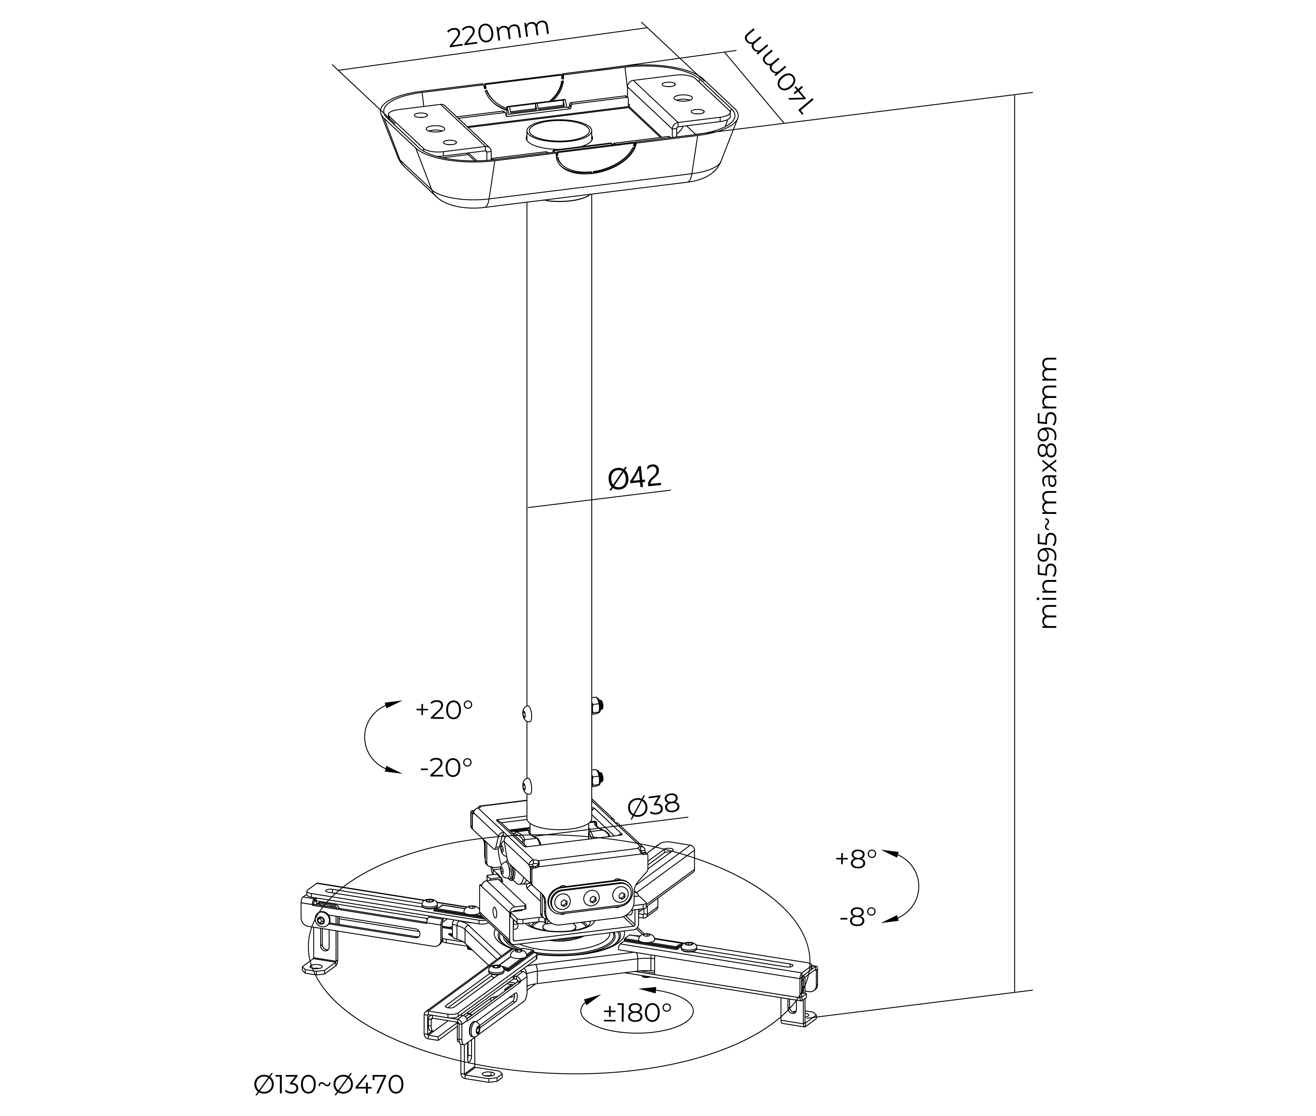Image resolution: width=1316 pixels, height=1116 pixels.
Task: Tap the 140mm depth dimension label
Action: click(x=778, y=70)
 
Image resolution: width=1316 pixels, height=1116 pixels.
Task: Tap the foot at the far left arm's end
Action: click(x=320, y=968)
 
